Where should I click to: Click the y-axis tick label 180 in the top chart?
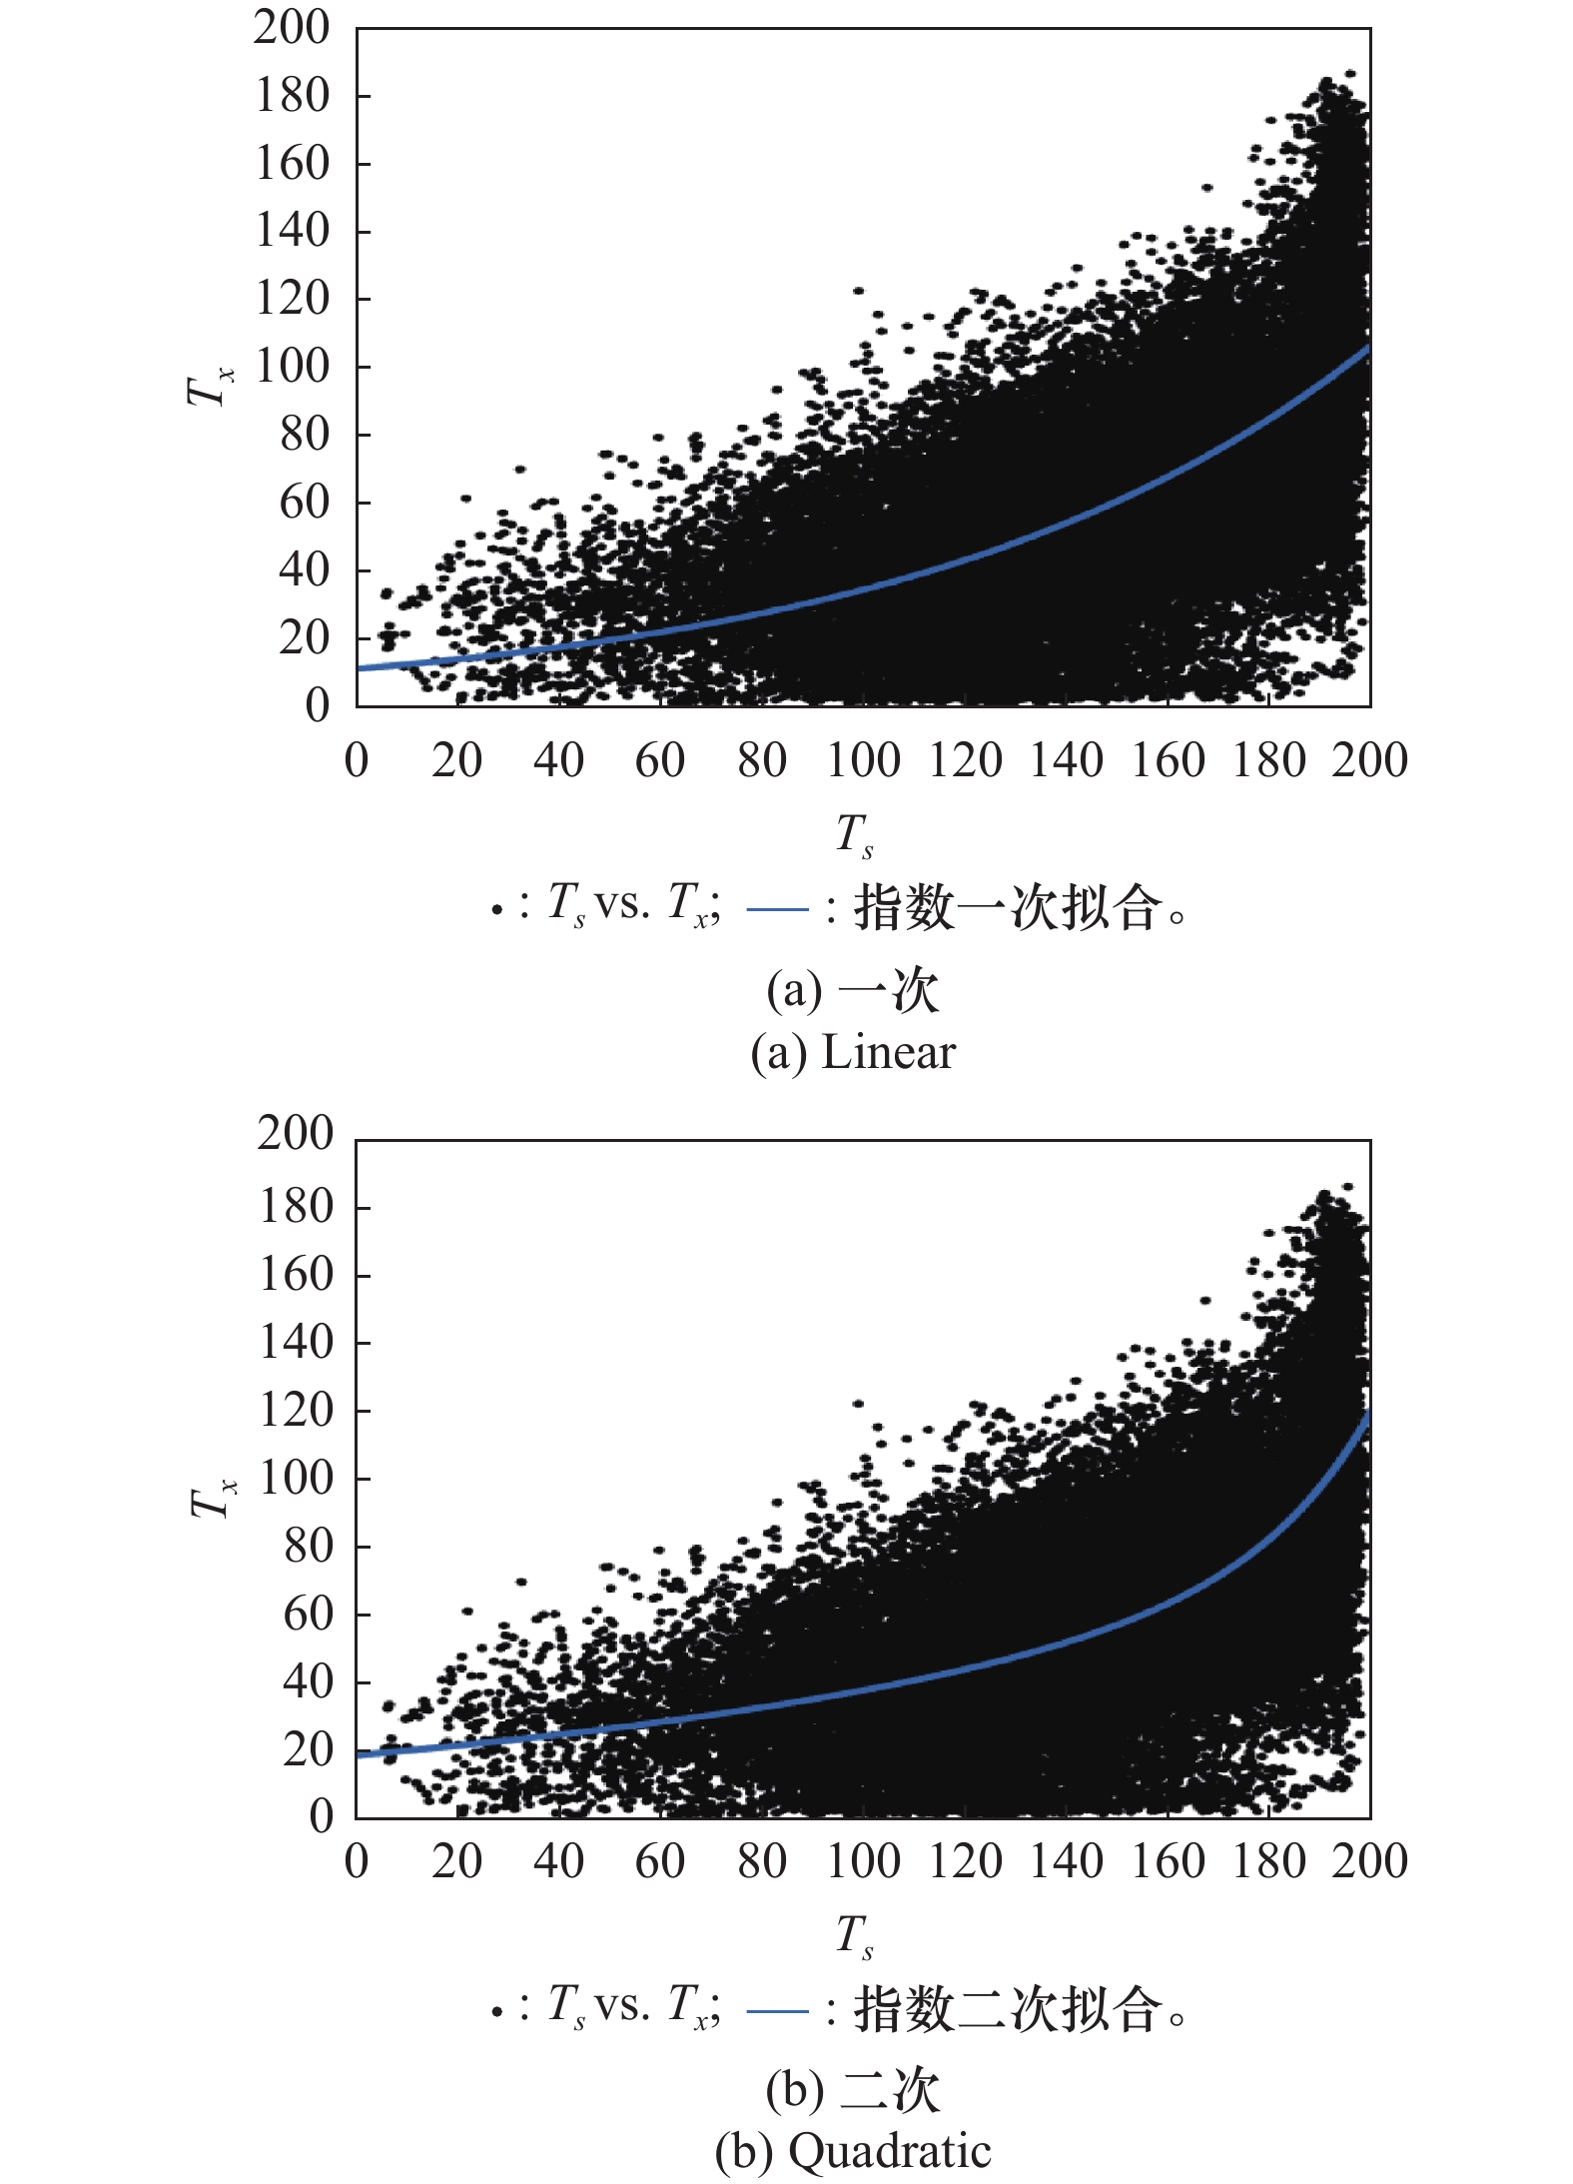coord(292,96)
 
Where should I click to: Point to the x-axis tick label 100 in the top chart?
coord(863,761)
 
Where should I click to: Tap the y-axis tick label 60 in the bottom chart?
coord(308,1614)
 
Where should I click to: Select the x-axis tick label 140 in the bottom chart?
coord(1067,1862)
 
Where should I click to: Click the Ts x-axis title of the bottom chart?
coord(855,1935)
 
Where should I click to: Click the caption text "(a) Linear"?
coord(853,1053)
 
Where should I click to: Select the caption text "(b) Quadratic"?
coord(853,2151)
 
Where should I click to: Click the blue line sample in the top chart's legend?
coord(777,909)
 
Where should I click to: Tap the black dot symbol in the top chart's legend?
coord(496,910)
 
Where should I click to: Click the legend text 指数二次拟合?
coord(1009,2008)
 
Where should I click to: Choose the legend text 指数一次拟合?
coord(1009,907)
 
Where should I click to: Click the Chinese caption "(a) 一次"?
coord(853,990)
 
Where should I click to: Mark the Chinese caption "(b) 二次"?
coord(853,2090)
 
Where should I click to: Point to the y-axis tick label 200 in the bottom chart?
coord(295,1133)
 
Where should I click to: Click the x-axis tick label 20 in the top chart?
coord(456,761)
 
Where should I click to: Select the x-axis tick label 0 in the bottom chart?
coord(357,1862)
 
